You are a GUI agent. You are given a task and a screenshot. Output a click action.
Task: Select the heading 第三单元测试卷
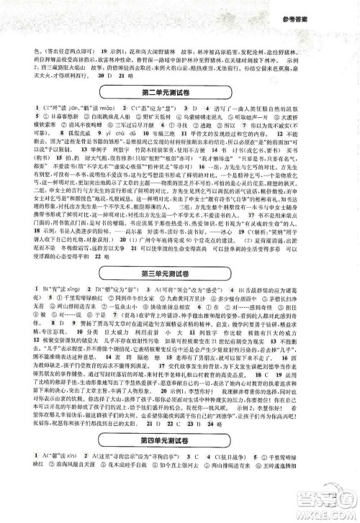(x=180, y=271)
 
